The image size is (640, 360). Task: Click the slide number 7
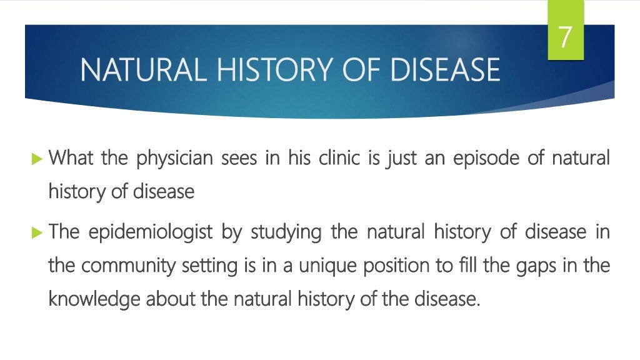tap(565, 37)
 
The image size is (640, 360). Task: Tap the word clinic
tap(336, 157)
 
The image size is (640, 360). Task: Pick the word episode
tap(486, 158)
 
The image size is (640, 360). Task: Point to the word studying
tap(286, 232)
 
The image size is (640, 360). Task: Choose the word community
tap(125, 266)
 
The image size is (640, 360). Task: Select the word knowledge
tap(94, 299)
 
